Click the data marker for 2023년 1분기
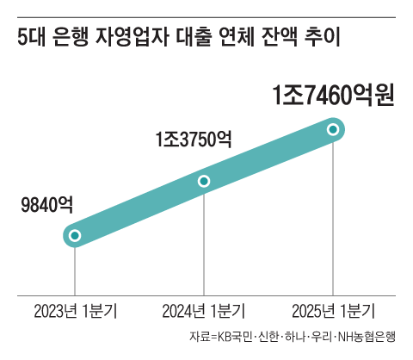pyautogui.click(x=75, y=235)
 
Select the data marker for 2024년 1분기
pyautogui.click(x=204, y=181)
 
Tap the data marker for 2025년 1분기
pyautogui.click(x=333, y=130)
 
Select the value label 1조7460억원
pyautogui.click(x=332, y=94)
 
